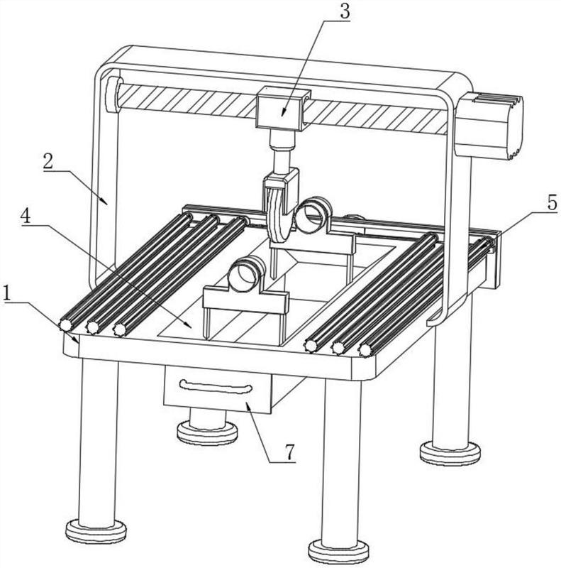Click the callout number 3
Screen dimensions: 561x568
click(x=345, y=11)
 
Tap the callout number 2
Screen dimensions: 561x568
click(x=48, y=162)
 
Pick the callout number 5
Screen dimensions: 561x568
click(x=552, y=203)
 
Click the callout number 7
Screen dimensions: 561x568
click(x=290, y=452)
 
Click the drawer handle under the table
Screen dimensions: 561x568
click(x=216, y=387)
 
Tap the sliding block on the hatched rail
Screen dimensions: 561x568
click(x=283, y=108)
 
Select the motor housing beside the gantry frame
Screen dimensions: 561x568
click(x=489, y=125)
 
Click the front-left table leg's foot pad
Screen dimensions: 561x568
click(x=96, y=531)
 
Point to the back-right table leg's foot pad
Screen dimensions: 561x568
click(x=450, y=453)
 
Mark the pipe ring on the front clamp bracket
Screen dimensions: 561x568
click(x=247, y=274)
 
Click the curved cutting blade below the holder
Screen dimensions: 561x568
click(x=279, y=217)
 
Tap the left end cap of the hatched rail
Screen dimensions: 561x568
click(x=112, y=94)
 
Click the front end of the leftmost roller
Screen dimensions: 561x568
click(x=65, y=325)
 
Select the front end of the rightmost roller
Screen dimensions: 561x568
click(x=365, y=350)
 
